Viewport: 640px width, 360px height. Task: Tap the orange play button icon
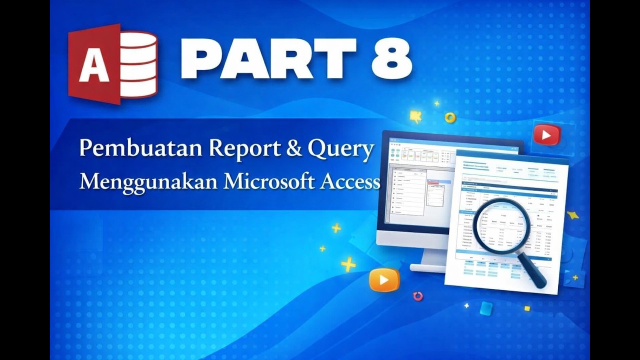pos(384,280)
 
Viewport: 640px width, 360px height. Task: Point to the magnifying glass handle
pos(533,272)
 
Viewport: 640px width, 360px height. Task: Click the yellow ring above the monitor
pos(450,118)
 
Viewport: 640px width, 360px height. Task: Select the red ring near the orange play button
pos(418,296)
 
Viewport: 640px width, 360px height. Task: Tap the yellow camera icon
pos(415,116)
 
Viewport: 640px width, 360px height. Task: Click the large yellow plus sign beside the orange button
pos(348,264)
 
